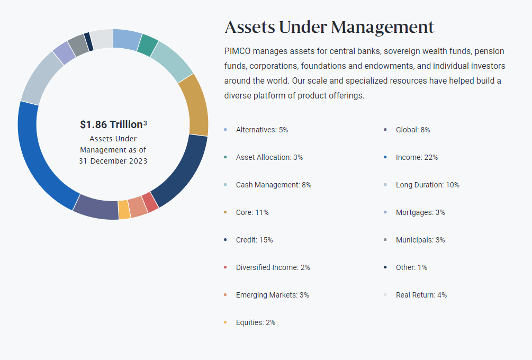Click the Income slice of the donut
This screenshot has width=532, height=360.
point(38,159)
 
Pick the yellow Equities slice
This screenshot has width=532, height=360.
point(124,210)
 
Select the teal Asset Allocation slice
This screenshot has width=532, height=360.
point(148,45)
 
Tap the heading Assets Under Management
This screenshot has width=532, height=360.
point(329,26)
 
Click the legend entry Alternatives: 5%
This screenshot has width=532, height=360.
point(262,130)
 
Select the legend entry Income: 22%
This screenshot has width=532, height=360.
point(417,157)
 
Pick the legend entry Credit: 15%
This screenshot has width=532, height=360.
point(255,240)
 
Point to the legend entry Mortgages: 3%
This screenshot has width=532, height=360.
point(420,212)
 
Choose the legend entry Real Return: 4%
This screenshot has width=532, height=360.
point(421,295)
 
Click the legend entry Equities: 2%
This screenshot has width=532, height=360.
point(256,322)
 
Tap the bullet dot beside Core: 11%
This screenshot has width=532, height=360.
point(226,212)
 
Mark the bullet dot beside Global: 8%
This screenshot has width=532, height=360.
point(385,130)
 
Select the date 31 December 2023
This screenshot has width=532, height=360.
point(113,161)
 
